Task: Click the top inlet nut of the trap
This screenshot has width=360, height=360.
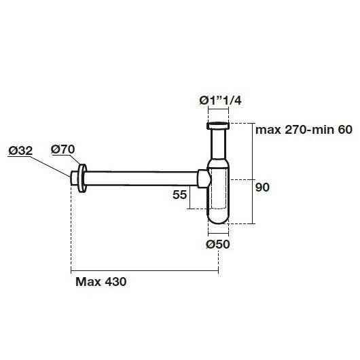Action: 219,126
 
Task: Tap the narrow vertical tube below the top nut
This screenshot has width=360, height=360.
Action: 219,146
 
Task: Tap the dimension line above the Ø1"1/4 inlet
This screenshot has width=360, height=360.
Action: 219,111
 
